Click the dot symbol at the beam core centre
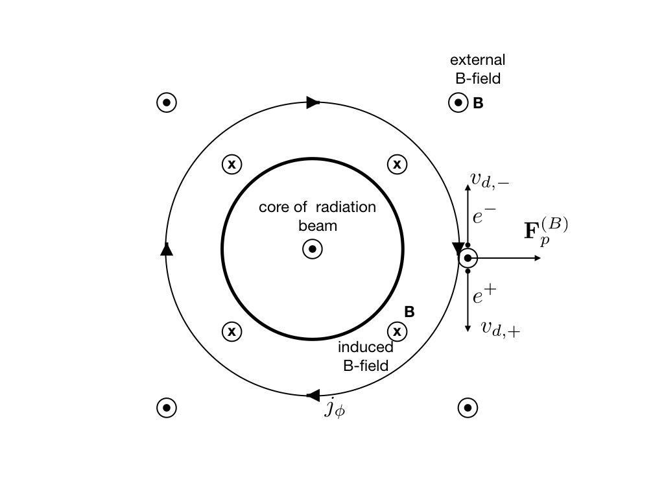click(313, 249)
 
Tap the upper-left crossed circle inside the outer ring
click(231, 165)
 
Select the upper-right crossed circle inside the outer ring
click(397, 165)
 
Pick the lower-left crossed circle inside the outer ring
click(231, 332)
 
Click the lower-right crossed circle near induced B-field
click(397, 332)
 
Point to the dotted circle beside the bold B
click(458, 102)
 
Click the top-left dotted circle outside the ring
click(167, 102)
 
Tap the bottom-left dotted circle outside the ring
click(167, 408)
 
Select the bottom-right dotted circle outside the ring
click(468, 408)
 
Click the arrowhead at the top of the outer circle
click(313, 102)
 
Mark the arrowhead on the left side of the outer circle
click(167, 248)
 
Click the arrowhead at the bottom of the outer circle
click(313, 395)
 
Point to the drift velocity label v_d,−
click(490, 179)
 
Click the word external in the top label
click(478, 60)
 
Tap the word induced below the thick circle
click(366, 348)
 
